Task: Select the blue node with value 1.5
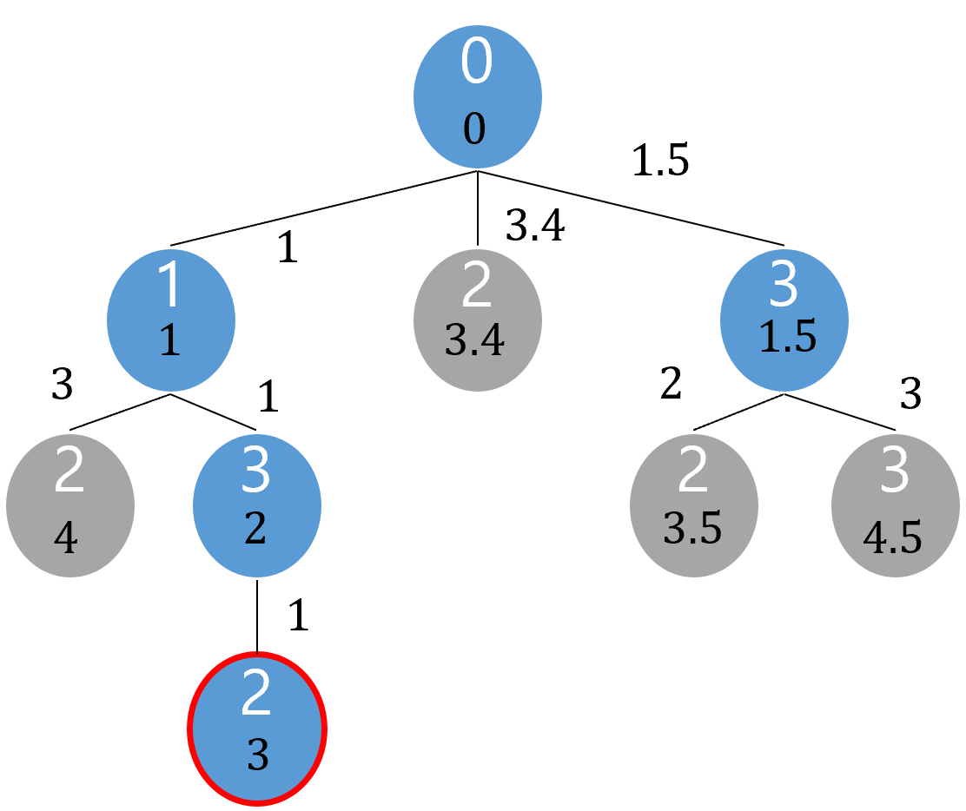(x=784, y=320)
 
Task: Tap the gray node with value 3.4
(x=477, y=320)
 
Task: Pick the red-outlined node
(x=257, y=728)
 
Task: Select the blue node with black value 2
(x=257, y=504)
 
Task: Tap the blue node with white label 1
(x=170, y=320)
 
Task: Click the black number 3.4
(x=474, y=340)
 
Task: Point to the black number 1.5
(x=787, y=338)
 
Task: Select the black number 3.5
(x=692, y=528)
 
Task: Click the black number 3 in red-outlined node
(x=257, y=756)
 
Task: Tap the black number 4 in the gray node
(x=65, y=539)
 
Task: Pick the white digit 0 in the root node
(x=476, y=63)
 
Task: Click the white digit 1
(x=170, y=287)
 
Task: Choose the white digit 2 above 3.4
(x=476, y=287)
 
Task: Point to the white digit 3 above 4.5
(x=894, y=471)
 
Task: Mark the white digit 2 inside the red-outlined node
(x=256, y=696)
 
